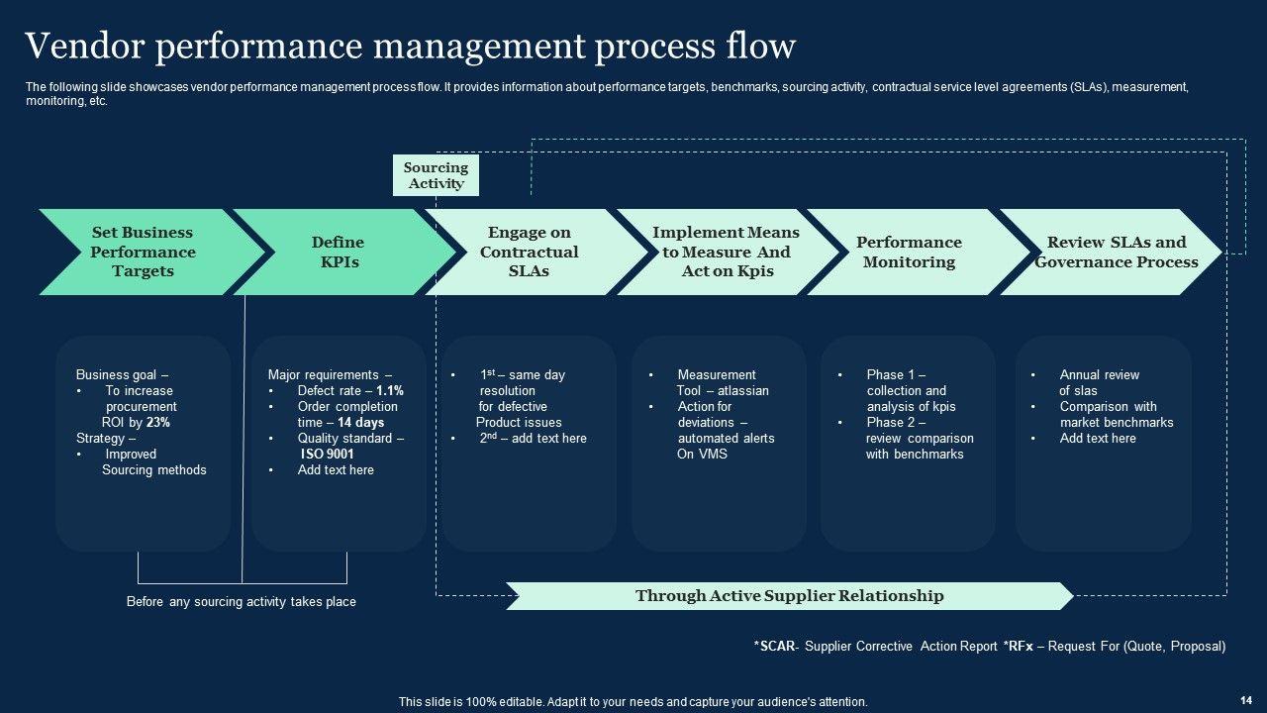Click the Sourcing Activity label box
pos(436,175)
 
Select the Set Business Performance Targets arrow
pos(143,252)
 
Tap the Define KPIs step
pos(338,252)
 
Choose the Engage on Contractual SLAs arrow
pos(530,252)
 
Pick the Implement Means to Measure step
pos(726,252)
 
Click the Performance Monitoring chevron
pos(908,252)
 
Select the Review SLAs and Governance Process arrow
pos(1116,252)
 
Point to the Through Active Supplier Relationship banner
pos(789,596)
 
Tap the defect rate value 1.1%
pos(390,391)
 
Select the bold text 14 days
pos(360,423)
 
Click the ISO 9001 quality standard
pos(328,455)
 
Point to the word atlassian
pos(743,391)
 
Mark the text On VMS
pos(702,455)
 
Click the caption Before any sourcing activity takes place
pos(242,602)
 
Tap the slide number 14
pos(1245,699)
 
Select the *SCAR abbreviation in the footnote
pos(773,647)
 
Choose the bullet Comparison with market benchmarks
pos(1116,415)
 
